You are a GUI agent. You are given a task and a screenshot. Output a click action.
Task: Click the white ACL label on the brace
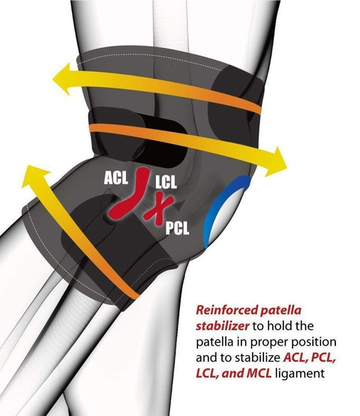pos(116,177)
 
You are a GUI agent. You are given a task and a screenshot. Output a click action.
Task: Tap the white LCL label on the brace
pos(166,182)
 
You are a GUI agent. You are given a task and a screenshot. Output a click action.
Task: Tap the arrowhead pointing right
pos(276,162)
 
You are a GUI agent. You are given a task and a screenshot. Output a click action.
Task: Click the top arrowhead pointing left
pos(62,79)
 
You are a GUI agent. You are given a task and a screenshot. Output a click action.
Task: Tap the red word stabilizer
pos(223,326)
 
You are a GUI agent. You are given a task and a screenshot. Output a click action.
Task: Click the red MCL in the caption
pos(259,374)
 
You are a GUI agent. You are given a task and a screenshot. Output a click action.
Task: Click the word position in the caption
pos(314,342)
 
